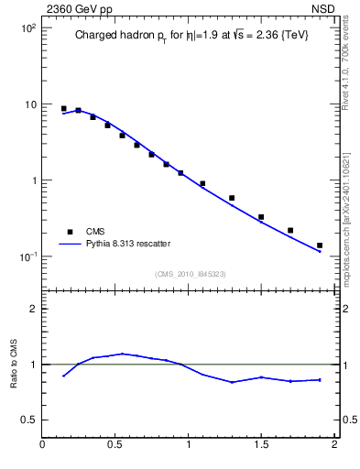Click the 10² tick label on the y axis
point(29,28)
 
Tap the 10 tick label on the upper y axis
point(30,104)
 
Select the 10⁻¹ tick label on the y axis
point(28,256)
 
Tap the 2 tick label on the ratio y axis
point(34,309)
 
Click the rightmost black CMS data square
point(320,245)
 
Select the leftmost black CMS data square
point(63,109)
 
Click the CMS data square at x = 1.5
point(261,217)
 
